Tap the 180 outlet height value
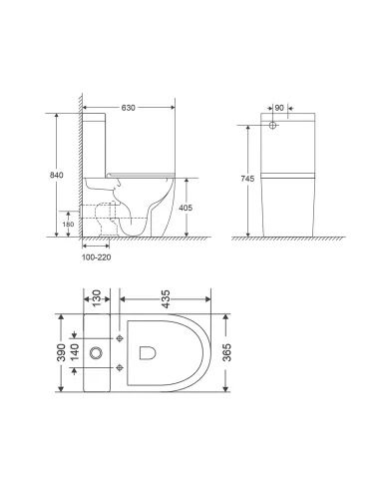click(68, 224)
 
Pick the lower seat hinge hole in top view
click(120, 369)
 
